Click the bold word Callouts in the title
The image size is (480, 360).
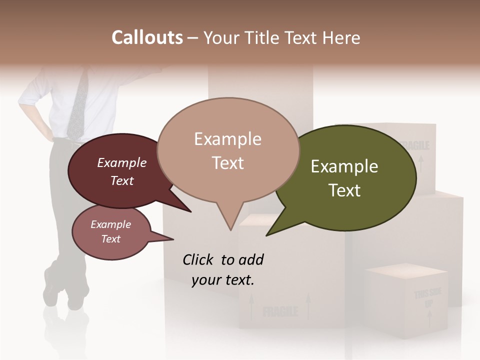coord(147,37)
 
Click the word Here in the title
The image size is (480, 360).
coord(343,37)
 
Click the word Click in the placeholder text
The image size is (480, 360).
coord(198,259)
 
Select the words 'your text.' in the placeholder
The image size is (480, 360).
coord(223,280)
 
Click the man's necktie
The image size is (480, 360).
coord(78,105)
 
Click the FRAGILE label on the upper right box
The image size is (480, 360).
coord(414,145)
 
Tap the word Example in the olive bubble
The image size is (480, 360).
coord(344,166)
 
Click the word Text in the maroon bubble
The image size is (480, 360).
coord(121,180)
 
